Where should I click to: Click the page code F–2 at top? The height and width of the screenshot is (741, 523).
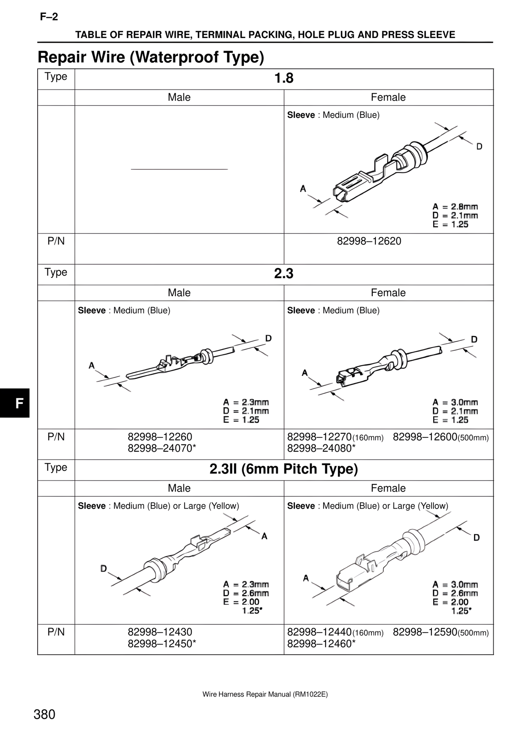coord(49,17)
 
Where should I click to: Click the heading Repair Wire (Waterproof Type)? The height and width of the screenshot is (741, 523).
coord(151,57)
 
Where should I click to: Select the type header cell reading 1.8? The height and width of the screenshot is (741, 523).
coord(284,78)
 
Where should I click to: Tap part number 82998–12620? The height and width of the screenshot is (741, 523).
coord(369,241)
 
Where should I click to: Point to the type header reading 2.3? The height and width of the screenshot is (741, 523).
coord(284,274)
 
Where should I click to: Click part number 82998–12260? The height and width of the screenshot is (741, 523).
coord(160,437)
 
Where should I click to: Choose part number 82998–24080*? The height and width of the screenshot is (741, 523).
coord(321,448)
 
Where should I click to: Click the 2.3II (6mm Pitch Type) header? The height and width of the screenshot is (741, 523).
coord(284,469)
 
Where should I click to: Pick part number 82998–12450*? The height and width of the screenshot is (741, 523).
coord(162,644)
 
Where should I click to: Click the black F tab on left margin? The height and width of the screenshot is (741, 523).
coord(18,403)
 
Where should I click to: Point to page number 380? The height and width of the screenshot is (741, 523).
coord(45,714)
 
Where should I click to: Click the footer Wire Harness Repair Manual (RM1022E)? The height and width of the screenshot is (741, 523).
coord(265,694)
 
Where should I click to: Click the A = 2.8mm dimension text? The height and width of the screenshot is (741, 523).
coord(455,207)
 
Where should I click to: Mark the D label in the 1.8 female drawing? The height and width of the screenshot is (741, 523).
coord(479,146)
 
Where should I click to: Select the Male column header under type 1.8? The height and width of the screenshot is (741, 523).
coord(179,97)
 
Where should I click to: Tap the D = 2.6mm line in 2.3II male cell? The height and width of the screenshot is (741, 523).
coord(246,593)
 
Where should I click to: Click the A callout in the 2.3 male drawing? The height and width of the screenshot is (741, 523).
coord(92,365)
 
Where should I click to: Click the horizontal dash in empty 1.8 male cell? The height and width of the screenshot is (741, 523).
coord(179,169)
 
